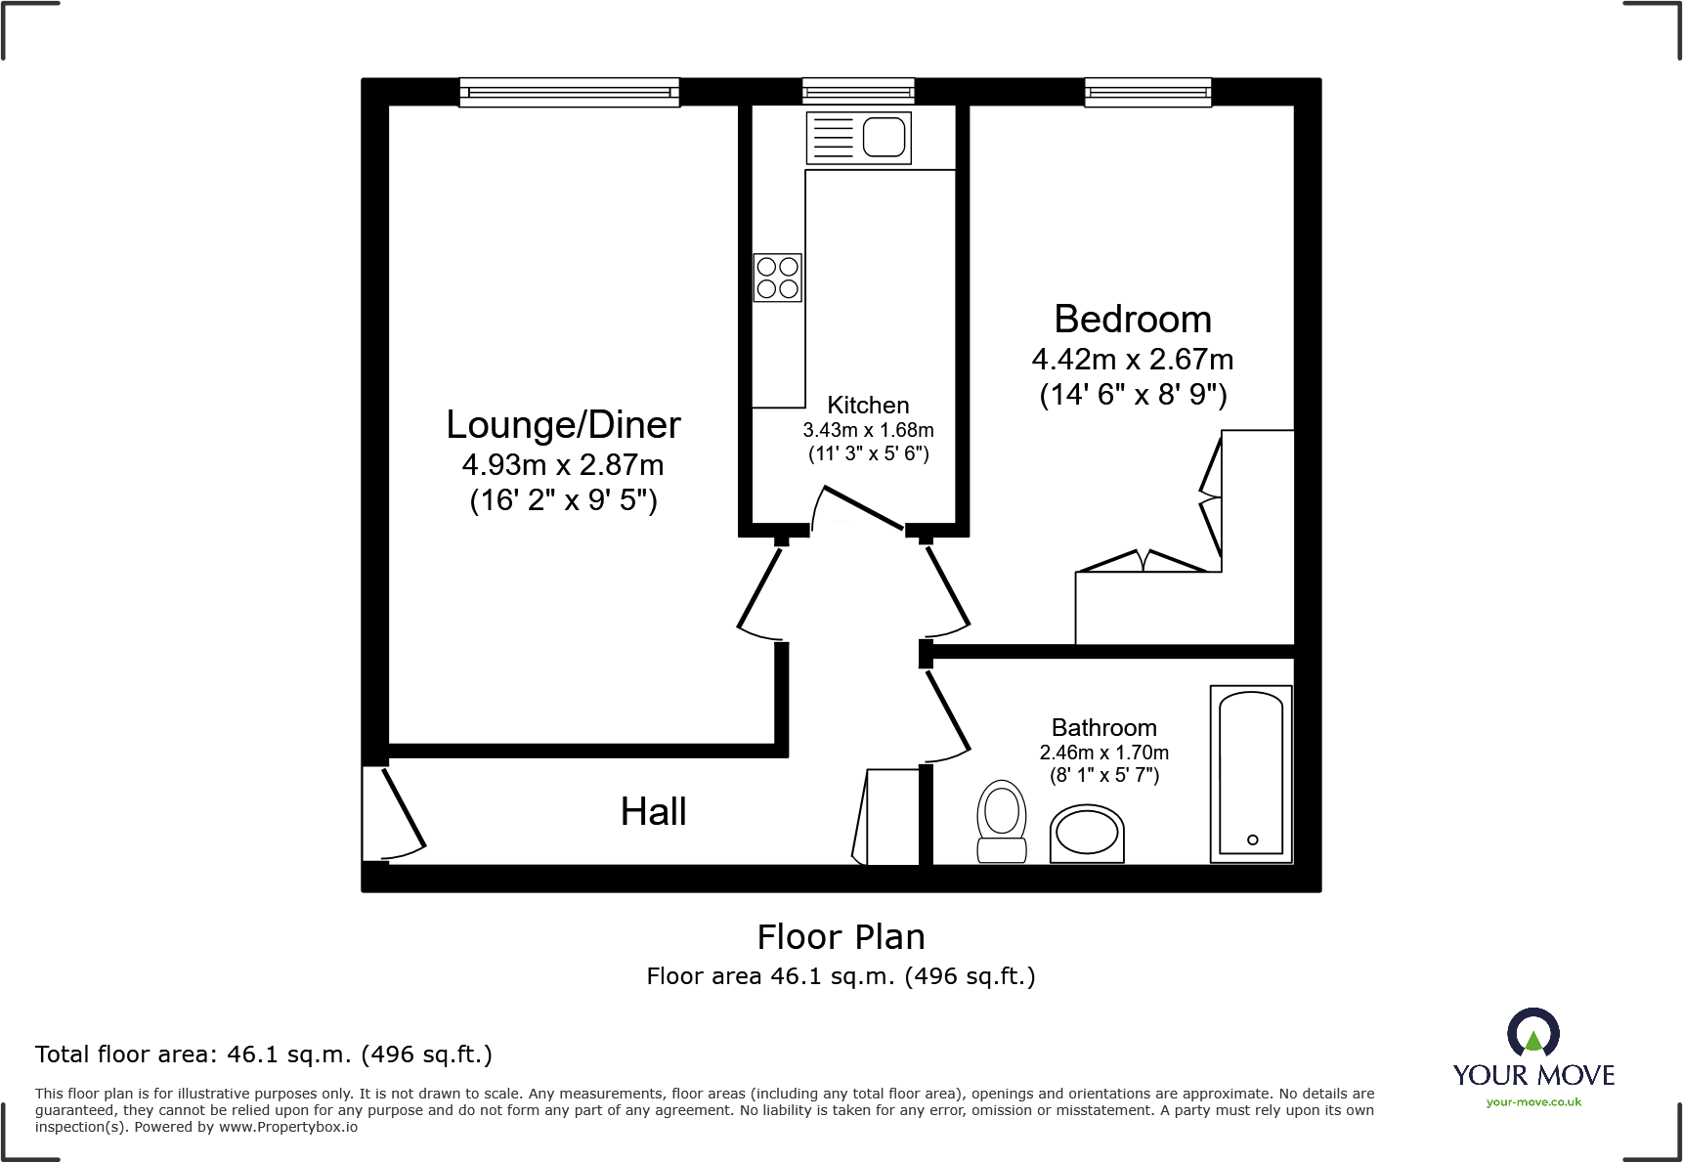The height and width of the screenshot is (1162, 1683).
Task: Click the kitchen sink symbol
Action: (858, 137)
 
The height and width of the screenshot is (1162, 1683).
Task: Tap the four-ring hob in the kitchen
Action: (778, 278)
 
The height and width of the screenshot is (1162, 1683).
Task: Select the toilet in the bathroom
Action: (1002, 821)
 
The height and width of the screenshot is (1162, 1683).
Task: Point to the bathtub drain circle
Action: (1253, 839)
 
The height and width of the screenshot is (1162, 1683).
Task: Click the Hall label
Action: (654, 811)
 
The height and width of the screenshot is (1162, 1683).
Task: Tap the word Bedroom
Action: (1133, 320)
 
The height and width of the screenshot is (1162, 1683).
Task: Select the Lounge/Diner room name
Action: (563, 425)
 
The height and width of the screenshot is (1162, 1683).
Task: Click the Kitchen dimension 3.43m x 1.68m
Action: (868, 430)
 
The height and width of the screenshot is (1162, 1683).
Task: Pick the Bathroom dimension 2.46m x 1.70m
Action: (1104, 753)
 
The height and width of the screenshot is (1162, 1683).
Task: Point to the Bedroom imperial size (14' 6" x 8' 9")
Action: (1133, 395)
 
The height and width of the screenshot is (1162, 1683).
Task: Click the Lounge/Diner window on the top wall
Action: (570, 93)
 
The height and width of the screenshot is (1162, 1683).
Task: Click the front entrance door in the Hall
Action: (404, 808)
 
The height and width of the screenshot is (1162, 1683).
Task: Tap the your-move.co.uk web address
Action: (1533, 1102)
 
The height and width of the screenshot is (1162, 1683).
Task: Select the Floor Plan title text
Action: (841, 937)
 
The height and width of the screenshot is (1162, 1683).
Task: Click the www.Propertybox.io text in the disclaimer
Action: (288, 1128)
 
